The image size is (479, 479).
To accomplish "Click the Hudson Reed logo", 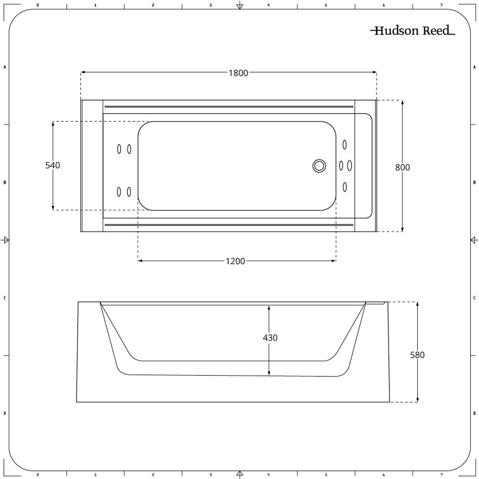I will [412, 31].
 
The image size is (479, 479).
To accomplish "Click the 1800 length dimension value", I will [238, 73].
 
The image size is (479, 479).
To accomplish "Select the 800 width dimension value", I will [402, 167].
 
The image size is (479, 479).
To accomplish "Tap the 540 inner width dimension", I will [52, 165].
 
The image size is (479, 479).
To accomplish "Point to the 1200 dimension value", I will [235, 261].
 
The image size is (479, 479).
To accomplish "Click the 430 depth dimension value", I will [270, 338].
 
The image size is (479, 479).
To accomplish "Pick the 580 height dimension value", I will [417, 355].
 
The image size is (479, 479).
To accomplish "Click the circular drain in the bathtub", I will [319, 166].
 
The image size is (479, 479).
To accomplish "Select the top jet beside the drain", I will [345, 144].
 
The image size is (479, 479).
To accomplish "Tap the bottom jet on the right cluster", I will [345, 187].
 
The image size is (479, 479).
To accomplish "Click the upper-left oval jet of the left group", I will [119, 149].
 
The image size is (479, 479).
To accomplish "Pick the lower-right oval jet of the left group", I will [129, 192].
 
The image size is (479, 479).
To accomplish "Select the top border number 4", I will [268, 5].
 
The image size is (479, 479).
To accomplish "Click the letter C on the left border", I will [5, 297].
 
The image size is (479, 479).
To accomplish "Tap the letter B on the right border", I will [474, 182].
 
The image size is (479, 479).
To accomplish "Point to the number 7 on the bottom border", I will [441, 475].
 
